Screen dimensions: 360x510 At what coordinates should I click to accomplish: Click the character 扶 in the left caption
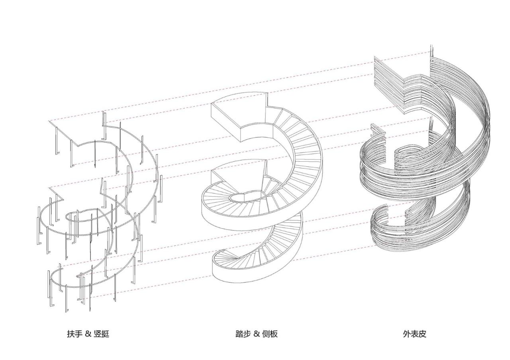click(x=71, y=334)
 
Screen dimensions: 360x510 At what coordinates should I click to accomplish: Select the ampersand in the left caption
click(x=88, y=334)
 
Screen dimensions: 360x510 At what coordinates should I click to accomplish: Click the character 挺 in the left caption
click(x=105, y=334)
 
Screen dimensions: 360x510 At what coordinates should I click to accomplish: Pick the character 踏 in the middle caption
click(x=240, y=334)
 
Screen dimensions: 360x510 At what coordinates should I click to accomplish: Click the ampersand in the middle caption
click(x=257, y=334)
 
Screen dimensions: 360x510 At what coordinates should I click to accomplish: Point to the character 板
click(x=274, y=334)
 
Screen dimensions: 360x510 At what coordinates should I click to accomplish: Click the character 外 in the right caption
click(x=406, y=334)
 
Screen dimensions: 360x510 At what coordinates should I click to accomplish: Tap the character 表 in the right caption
click(x=414, y=334)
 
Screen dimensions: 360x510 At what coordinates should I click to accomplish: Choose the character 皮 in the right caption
click(x=422, y=334)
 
